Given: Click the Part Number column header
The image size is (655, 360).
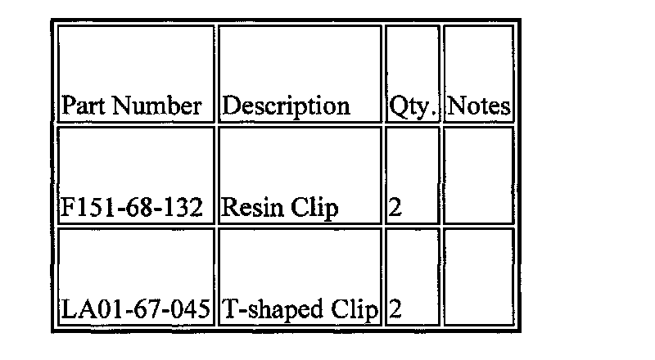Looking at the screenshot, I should click(132, 106).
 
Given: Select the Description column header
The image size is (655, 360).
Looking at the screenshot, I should click(287, 106).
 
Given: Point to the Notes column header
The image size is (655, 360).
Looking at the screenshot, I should click(479, 106).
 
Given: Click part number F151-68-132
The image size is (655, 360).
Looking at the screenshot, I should click(132, 209).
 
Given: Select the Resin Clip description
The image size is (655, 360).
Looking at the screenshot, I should click(280, 209).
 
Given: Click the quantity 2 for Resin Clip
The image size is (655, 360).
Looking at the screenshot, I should click(395, 209).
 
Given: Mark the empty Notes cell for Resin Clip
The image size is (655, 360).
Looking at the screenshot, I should click(479, 176).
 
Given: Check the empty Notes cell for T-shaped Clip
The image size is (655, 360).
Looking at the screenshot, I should click(479, 278).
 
